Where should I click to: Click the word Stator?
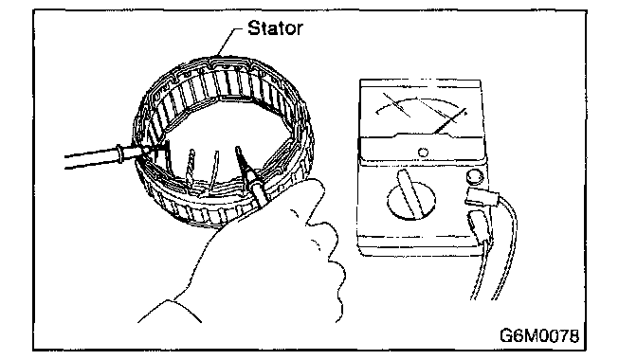tap(275, 28)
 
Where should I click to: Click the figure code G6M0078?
tap(539, 335)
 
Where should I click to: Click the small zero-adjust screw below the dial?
tap(423, 153)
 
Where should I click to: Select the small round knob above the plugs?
tap(475, 176)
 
